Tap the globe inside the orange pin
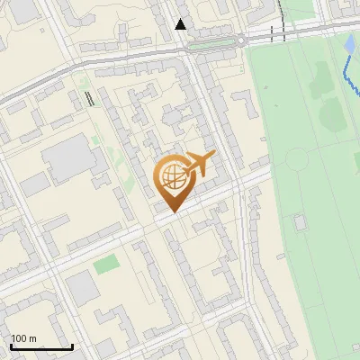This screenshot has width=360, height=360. [171, 176]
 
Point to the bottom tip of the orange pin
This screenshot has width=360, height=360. [171, 211]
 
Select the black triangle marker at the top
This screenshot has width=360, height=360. [181, 24]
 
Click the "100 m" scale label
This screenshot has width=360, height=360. [24, 338]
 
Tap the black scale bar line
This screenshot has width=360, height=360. [41, 347]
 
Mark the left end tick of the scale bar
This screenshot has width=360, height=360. [11, 346]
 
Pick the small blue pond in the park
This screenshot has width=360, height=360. [349, 44]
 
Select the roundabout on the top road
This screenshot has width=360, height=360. [241, 40]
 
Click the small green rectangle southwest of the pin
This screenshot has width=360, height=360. [106, 265]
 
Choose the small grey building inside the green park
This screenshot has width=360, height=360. [299, 221]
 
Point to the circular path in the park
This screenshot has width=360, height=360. [297, 159]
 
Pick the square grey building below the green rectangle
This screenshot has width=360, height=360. [80, 287]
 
